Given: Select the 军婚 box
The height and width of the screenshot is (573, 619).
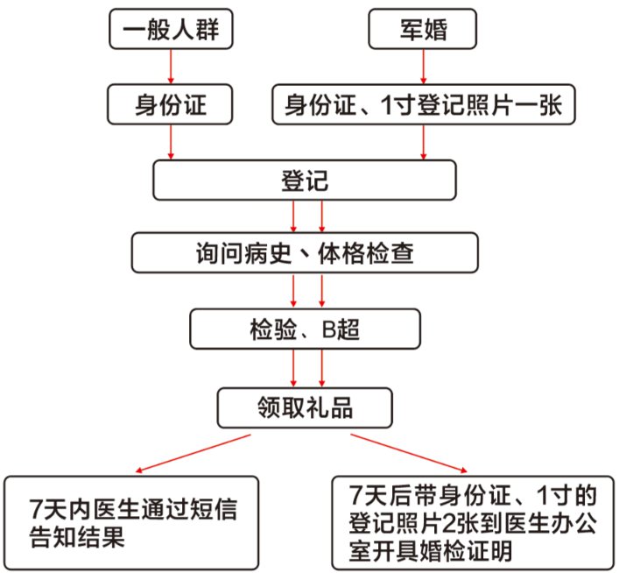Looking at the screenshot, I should (423, 30).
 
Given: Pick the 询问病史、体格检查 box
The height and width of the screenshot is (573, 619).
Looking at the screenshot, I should (306, 254).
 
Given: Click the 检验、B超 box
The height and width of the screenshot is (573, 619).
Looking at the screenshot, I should (306, 330).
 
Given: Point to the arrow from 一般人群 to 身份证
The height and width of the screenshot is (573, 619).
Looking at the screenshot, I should (171, 67).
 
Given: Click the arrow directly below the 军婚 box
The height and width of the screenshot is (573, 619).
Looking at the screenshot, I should (424, 67).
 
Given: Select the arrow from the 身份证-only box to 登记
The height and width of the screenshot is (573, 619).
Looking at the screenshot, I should (171, 142).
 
